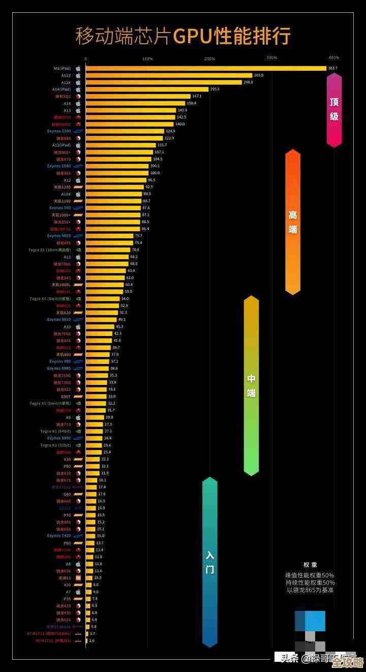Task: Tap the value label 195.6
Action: [x=215, y=89]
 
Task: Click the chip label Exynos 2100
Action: [x=59, y=131]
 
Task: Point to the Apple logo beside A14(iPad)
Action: [x=78, y=89]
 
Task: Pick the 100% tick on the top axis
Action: [x=147, y=59]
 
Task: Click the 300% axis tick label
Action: [x=271, y=58]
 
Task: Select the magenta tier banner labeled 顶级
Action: [x=334, y=109]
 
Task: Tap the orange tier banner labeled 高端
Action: [x=293, y=222]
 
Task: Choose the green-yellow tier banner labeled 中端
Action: [x=251, y=385]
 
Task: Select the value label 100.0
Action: [x=155, y=173]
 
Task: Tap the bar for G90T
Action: [x=96, y=396]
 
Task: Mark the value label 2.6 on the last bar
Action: [x=92, y=640]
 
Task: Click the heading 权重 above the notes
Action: [x=310, y=565]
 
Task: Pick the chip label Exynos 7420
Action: [x=59, y=536]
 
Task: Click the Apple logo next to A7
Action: [x=78, y=592]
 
